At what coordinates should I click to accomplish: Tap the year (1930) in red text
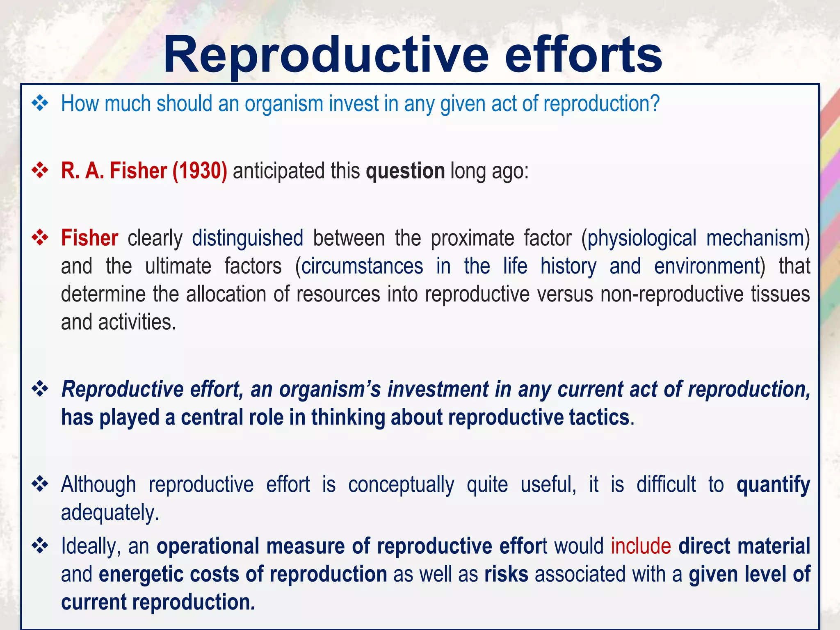pos(200,171)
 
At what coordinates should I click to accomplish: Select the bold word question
pos(405,171)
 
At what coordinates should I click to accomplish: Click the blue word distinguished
pos(248,238)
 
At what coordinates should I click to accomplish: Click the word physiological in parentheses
pos(641,238)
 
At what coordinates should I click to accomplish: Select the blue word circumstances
pos(362,266)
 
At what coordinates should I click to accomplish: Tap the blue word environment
pos(707,266)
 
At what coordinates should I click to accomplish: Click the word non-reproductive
pos(672,294)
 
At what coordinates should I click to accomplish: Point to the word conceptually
pos(401,485)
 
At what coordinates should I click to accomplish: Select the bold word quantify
pos(773,485)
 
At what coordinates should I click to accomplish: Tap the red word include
pos(641,546)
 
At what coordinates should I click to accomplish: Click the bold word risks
pos(506,574)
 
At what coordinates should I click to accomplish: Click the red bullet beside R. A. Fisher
pos(40,170)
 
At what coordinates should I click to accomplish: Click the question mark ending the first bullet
pos(655,103)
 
